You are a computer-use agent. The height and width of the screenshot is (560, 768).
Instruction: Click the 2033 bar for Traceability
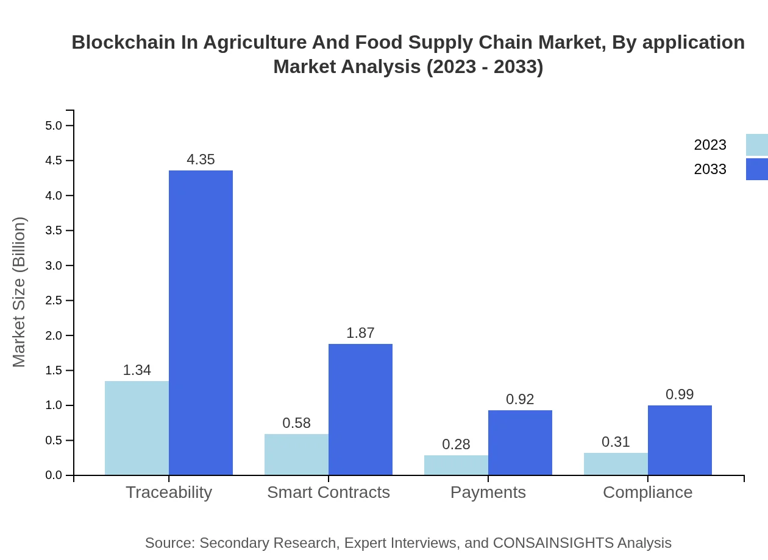click(x=201, y=323)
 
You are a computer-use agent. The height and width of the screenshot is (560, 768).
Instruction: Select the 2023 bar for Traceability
click(x=137, y=428)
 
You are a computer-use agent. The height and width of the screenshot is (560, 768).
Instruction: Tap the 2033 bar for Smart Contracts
click(x=360, y=409)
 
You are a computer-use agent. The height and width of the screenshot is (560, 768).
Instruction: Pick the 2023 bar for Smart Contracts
click(x=296, y=454)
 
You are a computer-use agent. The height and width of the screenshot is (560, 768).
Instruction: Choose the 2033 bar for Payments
click(x=520, y=443)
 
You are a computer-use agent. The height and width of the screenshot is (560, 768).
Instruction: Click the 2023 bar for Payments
click(x=456, y=465)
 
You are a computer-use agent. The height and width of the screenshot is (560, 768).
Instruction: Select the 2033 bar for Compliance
click(x=680, y=440)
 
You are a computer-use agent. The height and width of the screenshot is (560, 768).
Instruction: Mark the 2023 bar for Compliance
click(x=616, y=464)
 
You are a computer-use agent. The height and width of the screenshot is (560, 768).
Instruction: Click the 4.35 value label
click(x=201, y=159)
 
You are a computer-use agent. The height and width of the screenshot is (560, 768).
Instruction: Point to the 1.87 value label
click(x=360, y=333)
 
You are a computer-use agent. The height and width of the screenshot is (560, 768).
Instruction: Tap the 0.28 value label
click(x=456, y=444)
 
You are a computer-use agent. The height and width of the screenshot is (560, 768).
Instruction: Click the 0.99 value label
click(x=680, y=394)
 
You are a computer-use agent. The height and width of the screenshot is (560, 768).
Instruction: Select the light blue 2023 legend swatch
click(x=756, y=145)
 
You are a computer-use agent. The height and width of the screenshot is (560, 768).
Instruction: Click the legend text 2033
click(x=710, y=169)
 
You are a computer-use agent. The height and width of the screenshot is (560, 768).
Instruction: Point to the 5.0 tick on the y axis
click(x=54, y=125)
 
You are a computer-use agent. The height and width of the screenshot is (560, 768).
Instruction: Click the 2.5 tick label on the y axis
click(x=54, y=301)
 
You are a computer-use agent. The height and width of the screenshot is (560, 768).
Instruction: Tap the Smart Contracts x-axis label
click(x=329, y=492)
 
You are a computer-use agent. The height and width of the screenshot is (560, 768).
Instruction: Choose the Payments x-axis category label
click(x=488, y=492)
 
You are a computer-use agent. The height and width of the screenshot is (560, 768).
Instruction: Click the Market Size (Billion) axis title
click(x=20, y=292)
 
